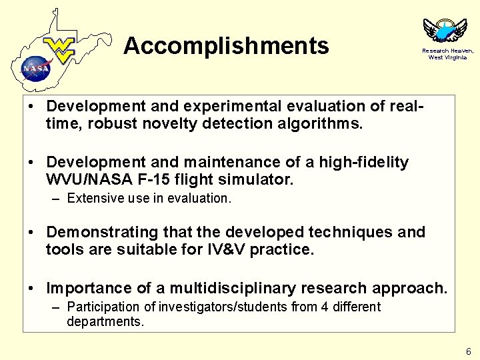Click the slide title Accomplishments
pyautogui.click(x=226, y=46)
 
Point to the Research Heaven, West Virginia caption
pyautogui.click(x=447, y=54)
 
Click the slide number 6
pyautogui.click(x=469, y=351)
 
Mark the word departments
pyautogui.click(x=104, y=321)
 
